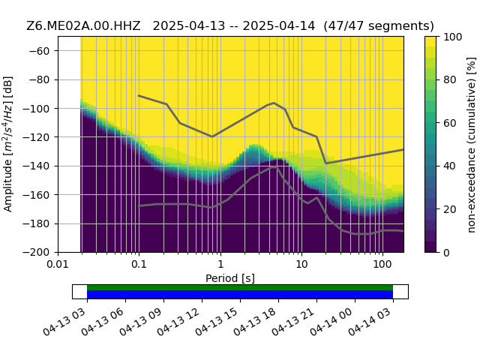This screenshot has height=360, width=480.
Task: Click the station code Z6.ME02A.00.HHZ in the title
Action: click(x=83, y=26)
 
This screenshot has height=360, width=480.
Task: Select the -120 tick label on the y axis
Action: click(x=37, y=137)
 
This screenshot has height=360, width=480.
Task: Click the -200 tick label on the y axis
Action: click(x=37, y=253)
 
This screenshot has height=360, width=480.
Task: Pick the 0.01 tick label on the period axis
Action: click(x=58, y=264)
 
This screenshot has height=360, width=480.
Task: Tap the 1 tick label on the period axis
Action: click(x=220, y=264)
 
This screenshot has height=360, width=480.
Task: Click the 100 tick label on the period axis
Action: click(x=382, y=264)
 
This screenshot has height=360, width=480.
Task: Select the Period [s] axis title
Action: click(x=230, y=278)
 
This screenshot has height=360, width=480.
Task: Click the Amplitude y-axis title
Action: click(x=8, y=144)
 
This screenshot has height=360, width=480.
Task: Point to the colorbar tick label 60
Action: click(x=450, y=123)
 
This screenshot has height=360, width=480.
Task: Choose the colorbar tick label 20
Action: click(x=450, y=209)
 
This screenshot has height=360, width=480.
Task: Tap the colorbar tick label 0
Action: click(x=447, y=253)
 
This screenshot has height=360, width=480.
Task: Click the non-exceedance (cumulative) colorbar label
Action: click(x=472, y=145)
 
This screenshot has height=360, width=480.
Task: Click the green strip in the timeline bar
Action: click(x=240, y=287)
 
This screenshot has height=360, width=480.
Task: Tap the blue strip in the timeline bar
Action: click(x=240, y=295)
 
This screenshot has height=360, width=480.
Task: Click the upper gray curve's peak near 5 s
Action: click(x=274, y=103)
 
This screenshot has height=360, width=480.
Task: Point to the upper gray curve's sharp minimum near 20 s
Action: click(x=325, y=163)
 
